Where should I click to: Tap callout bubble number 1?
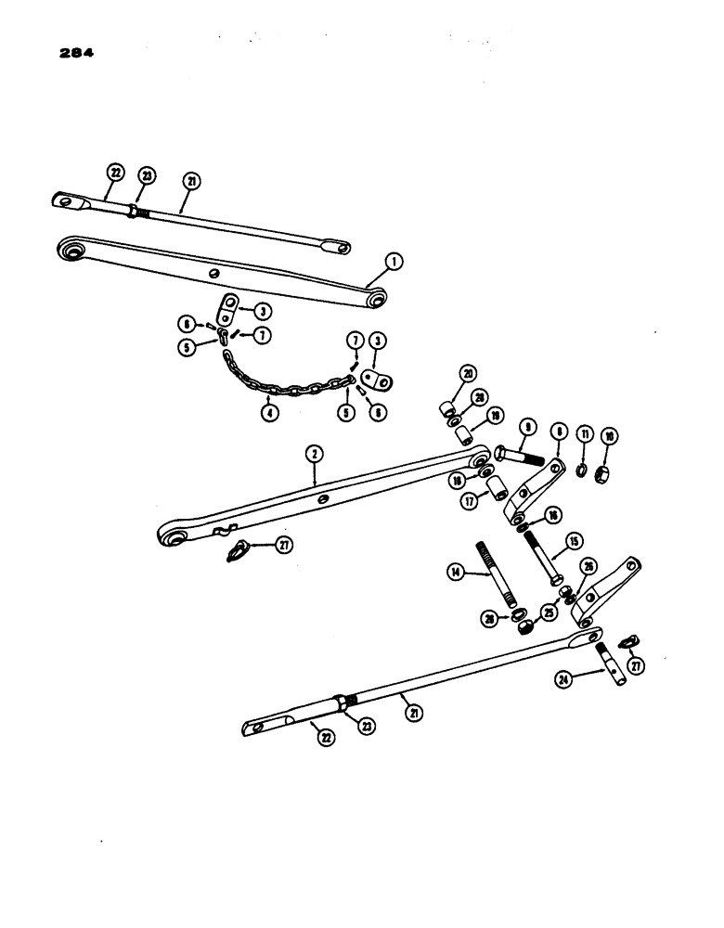(x=395, y=264)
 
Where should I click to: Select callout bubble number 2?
(x=315, y=454)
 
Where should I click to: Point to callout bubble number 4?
(x=269, y=413)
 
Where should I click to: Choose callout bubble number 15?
(x=575, y=539)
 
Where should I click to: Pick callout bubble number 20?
(x=466, y=374)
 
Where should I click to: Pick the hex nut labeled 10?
(x=603, y=458)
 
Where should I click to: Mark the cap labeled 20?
(x=447, y=409)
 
